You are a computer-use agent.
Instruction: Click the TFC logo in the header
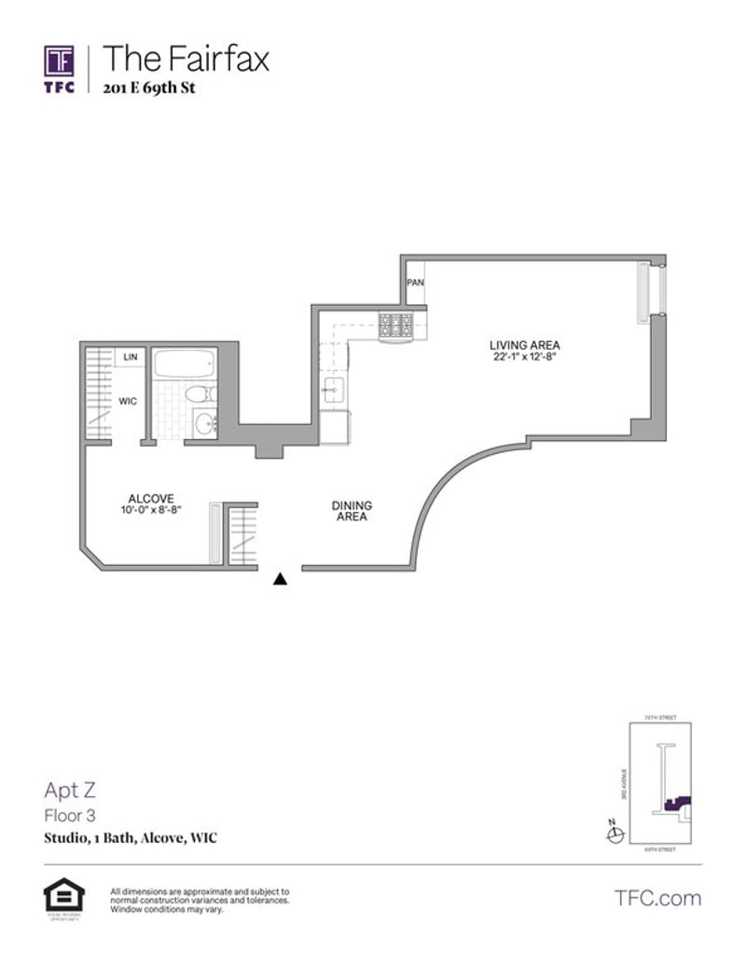60,66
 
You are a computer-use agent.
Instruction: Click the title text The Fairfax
186,59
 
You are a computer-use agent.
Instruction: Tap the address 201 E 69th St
149,89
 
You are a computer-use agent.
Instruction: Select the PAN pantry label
415,283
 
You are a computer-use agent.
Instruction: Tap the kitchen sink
333,392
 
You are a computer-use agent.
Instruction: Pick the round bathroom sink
204,425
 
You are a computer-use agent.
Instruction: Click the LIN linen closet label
131,357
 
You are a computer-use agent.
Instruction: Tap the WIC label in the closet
128,402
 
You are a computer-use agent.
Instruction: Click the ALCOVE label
151,499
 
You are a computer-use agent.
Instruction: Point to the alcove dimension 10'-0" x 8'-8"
151,510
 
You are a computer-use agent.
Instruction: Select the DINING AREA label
352,511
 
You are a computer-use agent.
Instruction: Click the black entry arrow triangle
279,579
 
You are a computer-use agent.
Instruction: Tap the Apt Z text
70,791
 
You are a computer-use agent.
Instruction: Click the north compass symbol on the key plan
614,835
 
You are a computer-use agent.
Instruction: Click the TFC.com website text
657,898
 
